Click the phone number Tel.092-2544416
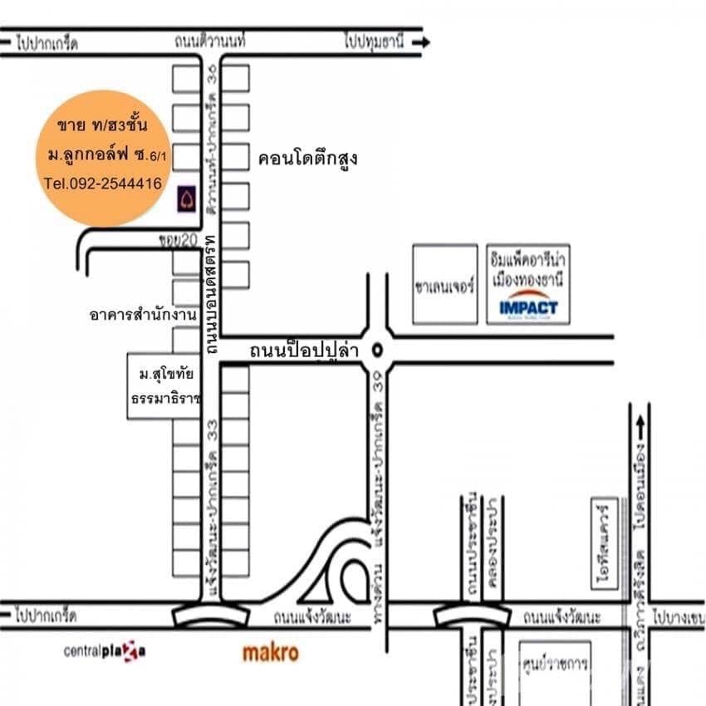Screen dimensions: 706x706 pyautogui.click(x=103, y=184)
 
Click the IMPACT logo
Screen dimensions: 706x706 pyautogui.click(x=528, y=307)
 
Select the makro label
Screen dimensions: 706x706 pyautogui.click(x=270, y=654)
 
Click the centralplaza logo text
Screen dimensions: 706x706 pyautogui.click(x=105, y=651)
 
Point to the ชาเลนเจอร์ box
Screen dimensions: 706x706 pyautogui.click(x=445, y=285)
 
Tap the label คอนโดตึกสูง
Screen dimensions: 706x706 pyautogui.click(x=307, y=158)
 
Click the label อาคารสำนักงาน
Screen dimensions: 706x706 pyautogui.click(x=143, y=315)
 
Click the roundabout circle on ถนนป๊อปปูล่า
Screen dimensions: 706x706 pyautogui.click(x=378, y=350)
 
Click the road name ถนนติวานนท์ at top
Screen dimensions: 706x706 pyautogui.click(x=213, y=42)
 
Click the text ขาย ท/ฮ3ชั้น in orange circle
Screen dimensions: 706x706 pyautogui.click(x=102, y=126)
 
